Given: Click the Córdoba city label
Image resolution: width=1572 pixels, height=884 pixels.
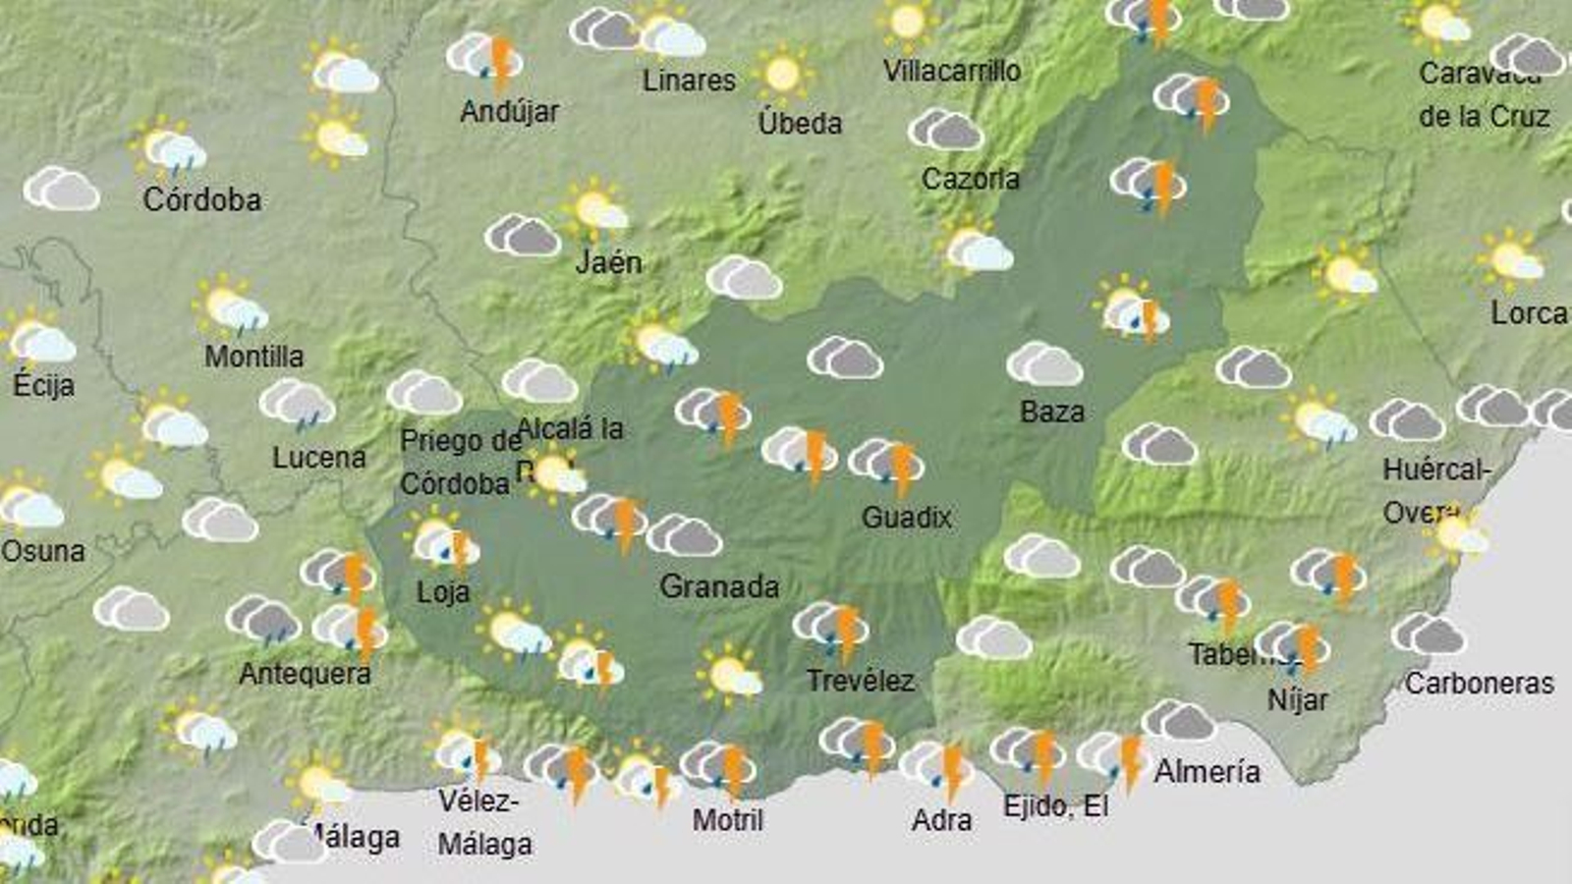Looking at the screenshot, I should point(202,199).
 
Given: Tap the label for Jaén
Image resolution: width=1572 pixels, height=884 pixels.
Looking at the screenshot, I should point(608,262).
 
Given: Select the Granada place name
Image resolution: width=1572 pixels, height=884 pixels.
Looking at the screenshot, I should point(719,586).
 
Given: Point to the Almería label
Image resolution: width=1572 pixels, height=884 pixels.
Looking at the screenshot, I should point(1207,771).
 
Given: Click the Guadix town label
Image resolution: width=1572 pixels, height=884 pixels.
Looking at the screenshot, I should point(906,517).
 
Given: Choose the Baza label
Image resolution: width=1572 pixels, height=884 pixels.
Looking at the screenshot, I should point(1051,411).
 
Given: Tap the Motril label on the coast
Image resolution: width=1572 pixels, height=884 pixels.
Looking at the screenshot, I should point(727,819).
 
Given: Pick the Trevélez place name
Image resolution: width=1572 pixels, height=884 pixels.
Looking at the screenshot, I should point(860,680).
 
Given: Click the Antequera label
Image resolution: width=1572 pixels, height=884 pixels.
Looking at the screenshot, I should point(305,673).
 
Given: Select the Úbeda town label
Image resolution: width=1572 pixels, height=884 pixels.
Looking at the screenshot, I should point(800,123).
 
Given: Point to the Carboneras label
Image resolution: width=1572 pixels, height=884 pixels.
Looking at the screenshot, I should point(1479,683).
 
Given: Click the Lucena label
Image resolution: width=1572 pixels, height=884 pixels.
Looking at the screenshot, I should point(318,457).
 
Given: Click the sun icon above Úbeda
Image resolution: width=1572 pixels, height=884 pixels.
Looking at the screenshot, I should point(782,74).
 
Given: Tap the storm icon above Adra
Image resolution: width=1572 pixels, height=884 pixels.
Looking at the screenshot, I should point(938,765).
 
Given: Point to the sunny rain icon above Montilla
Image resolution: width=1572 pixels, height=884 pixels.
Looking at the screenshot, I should point(230,306).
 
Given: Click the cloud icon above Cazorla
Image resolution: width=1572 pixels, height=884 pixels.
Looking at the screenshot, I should point(945,130).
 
